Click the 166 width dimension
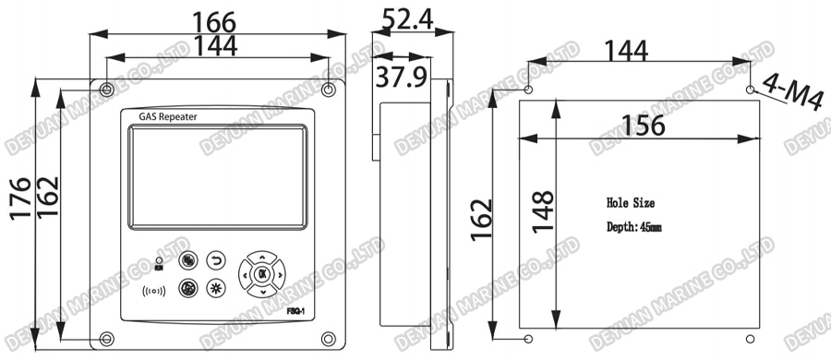[214, 19]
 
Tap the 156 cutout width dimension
[642, 125]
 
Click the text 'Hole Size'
[630, 202]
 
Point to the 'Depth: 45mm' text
[633, 227]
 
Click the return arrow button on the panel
[217, 259]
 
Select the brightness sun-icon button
[217, 288]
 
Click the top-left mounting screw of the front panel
[108, 90]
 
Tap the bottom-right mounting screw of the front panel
[329, 338]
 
